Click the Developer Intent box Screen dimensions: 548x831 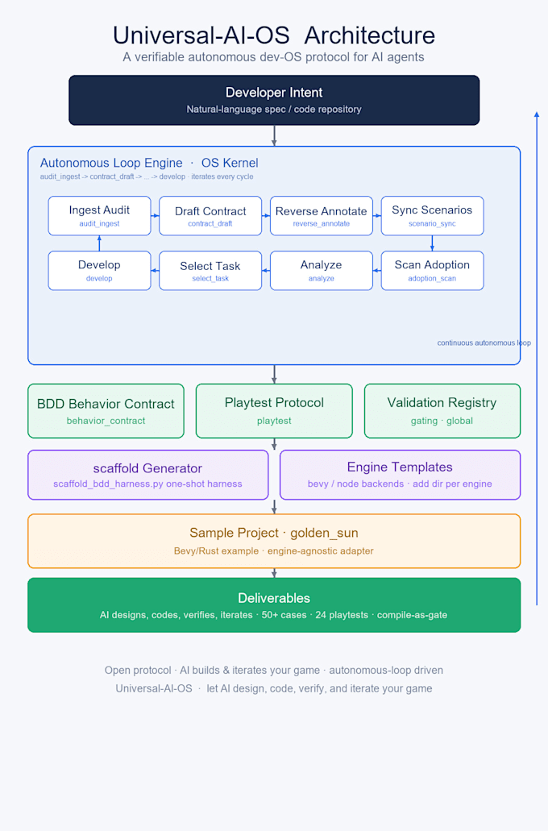(x=274, y=100)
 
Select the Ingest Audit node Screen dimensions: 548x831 (x=100, y=216)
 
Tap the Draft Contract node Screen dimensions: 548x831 (x=210, y=216)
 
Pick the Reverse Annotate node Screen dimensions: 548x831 (x=322, y=216)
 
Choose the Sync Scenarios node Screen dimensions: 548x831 (x=433, y=216)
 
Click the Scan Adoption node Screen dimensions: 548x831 (x=433, y=271)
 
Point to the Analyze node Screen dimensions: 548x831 (x=322, y=271)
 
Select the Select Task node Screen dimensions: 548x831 (x=210, y=271)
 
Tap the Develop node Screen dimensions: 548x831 (x=100, y=271)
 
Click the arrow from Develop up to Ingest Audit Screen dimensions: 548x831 (x=100, y=243)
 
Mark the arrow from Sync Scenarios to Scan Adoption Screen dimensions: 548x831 (x=433, y=243)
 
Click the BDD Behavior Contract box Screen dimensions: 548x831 (x=106, y=411)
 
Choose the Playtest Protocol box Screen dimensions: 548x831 (x=274, y=411)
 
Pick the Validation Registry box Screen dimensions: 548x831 (x=442, y=411)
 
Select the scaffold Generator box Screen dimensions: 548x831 (x=148, y=475)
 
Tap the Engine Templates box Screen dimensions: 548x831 (x=401, y=475)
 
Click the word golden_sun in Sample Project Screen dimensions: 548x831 (x=324, y=533)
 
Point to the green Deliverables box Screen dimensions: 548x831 (x=274, y=605)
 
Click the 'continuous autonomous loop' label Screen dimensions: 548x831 (x=484, y=343)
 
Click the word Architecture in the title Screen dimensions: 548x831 (x=369, y=35)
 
